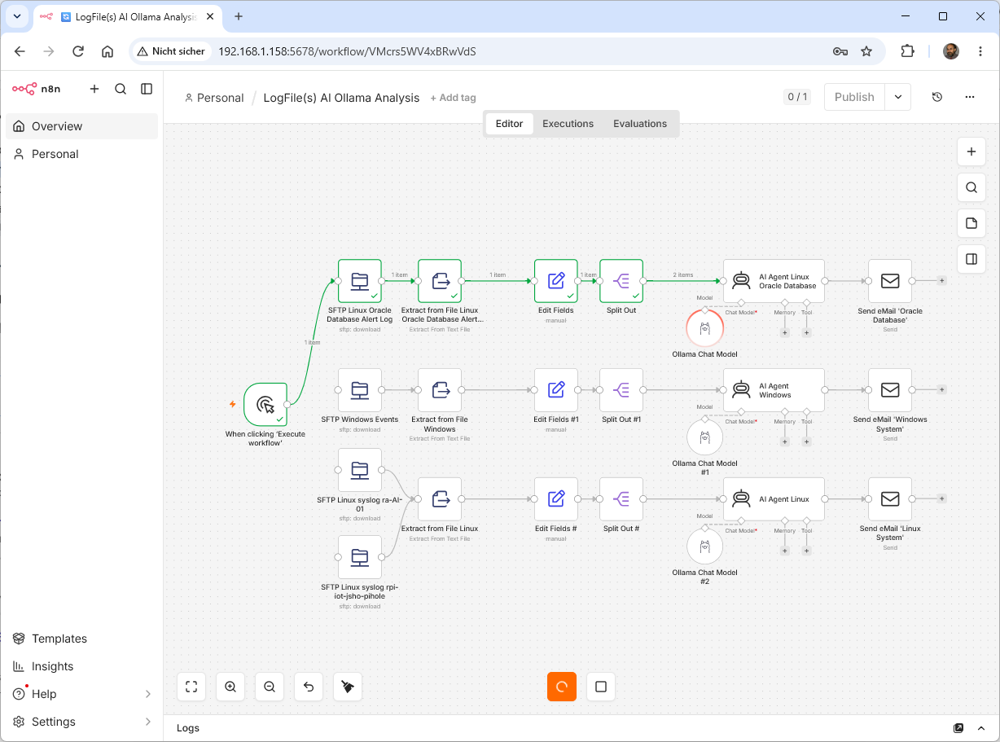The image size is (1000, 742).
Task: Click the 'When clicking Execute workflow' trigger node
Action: click(265, 404)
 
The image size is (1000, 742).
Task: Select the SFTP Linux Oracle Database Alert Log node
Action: click(360, 281)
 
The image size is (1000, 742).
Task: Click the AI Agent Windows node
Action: click(774, 390)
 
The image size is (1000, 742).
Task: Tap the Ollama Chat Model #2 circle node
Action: click(704, 547)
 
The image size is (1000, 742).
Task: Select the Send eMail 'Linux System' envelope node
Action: click(890, 499)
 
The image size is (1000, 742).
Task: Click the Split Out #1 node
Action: click(621, 390)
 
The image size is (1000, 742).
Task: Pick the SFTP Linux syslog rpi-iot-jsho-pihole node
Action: click(360, 557)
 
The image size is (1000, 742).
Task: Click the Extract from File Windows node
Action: click(440, 390)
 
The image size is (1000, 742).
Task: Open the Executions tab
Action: click(568, 124)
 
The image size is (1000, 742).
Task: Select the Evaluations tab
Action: click(640, 124)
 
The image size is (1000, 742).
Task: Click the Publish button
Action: click(854, 97)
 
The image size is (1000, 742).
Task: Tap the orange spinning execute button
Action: click(562, 687)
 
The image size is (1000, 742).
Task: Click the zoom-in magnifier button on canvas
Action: click(230, 687)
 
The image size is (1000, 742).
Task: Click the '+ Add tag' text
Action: click(453, 98)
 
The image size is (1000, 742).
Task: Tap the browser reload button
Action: click(78, 51)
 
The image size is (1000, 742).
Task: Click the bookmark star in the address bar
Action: click(866, 51)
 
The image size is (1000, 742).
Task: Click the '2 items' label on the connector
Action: click(683, 274)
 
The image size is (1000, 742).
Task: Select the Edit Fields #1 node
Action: click(556, 390)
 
